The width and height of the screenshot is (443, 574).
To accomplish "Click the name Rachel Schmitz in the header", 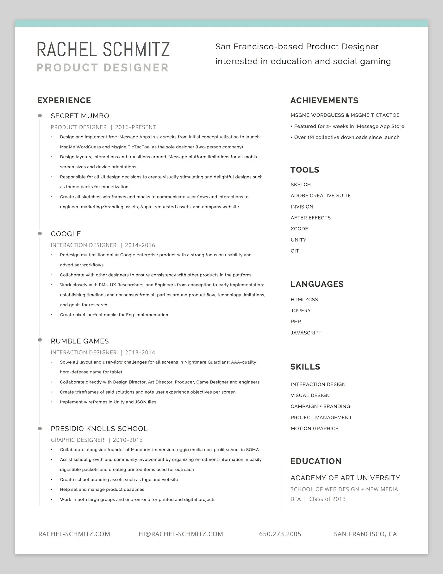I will (103, 49).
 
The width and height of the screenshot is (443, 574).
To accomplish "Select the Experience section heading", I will (64, 100).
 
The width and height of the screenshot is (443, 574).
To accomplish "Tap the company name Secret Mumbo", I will (80, 116).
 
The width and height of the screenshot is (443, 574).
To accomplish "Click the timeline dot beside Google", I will (40, 234).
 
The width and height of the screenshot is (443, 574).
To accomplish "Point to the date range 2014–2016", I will (140, 245).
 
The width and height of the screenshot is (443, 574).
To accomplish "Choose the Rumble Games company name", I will (80, 341).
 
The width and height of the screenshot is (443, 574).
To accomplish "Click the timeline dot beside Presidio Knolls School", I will (40, 428).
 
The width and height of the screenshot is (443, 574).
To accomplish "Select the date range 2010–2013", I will (128, 440).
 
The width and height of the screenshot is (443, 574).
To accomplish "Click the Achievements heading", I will (324, 100).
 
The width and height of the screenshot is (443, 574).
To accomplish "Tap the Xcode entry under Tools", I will (299, 229).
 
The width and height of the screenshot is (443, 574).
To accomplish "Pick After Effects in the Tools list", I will (310, 218).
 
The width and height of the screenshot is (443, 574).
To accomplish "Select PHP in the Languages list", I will (296, 321).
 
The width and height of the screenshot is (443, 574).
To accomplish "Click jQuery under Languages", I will (301, 310).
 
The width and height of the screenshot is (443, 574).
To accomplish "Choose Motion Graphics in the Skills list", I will (315, 428).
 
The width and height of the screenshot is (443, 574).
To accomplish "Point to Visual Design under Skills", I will (310, 395).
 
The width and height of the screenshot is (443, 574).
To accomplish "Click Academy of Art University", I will (345, 478).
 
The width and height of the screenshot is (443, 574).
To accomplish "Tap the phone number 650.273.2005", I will (280, 534).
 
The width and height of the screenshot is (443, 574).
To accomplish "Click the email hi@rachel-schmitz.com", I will (181, 534).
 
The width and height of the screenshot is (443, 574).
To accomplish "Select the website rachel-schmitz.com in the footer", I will (74, 534).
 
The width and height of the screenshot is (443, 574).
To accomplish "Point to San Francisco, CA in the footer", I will (365, 534).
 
